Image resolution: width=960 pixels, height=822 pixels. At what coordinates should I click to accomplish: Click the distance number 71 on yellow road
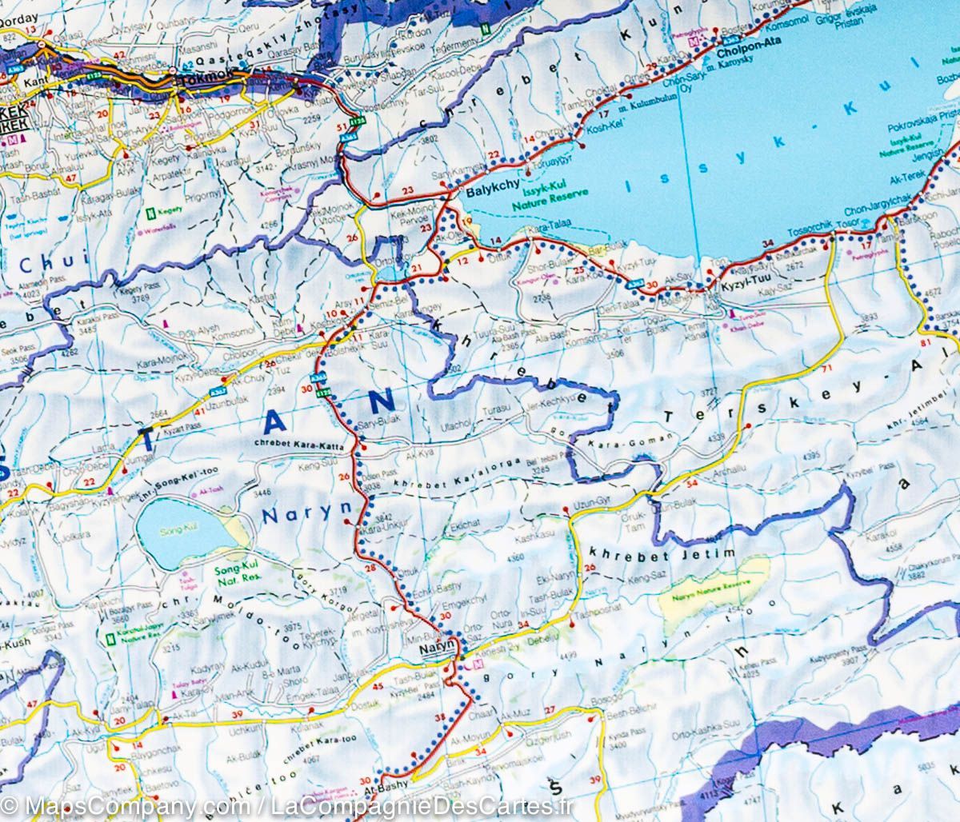pos(826,367)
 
